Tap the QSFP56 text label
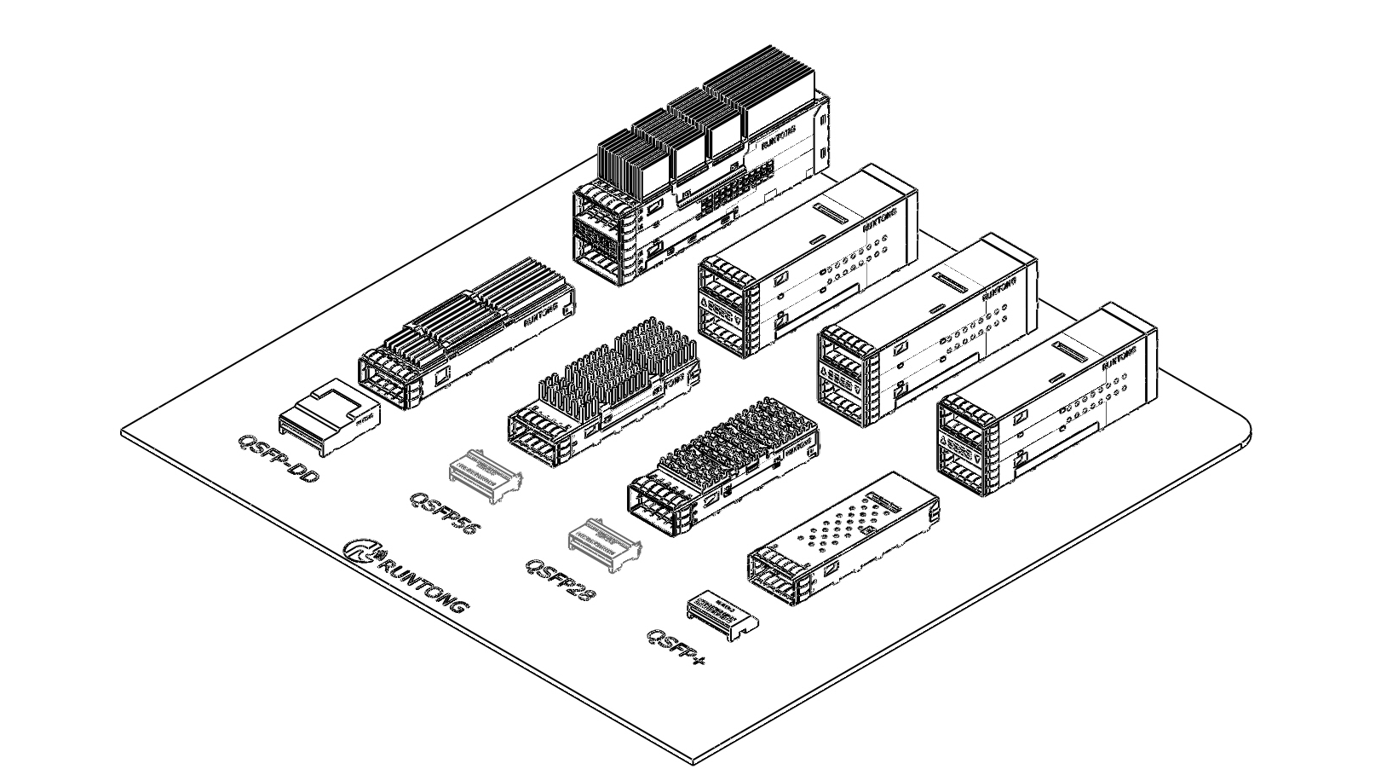tap(445, 512)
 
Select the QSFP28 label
tap(559, 579)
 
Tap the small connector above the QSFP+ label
tap(722, 612)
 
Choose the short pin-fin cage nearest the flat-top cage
tap(724, 465)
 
